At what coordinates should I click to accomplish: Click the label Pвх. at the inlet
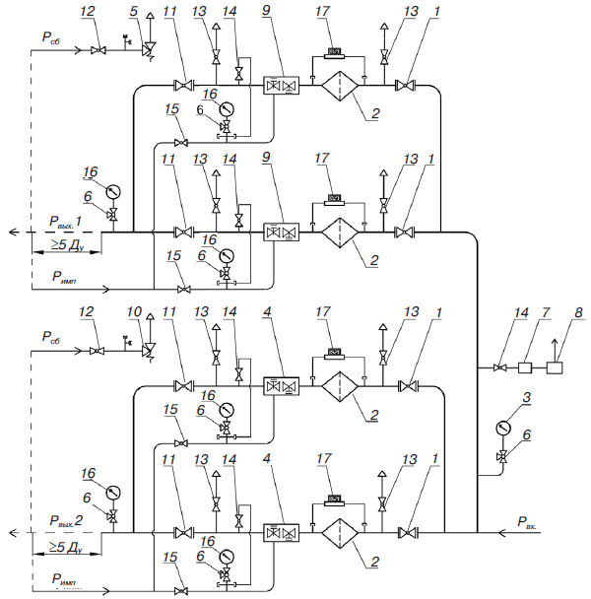[527, 522]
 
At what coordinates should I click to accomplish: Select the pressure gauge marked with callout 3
[503, 428]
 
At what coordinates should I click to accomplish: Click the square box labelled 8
[555, 367]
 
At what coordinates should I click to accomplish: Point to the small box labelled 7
[525, 367]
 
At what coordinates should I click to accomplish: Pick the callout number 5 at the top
[133, 11]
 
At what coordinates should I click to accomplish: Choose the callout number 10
[134, 312]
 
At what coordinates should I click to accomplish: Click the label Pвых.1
[65, 222]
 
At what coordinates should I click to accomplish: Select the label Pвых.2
[66, 521]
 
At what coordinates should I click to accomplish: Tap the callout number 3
[526, 397]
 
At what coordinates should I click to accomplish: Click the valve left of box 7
[499, 367]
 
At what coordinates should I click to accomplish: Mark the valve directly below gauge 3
[503, 456]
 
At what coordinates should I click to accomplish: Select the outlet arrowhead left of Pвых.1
[14, 232]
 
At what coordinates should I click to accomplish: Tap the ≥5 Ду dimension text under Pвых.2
[66, 547]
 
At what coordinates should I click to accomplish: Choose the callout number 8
[578, 312]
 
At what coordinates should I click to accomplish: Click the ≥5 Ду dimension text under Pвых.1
[67, 245]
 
